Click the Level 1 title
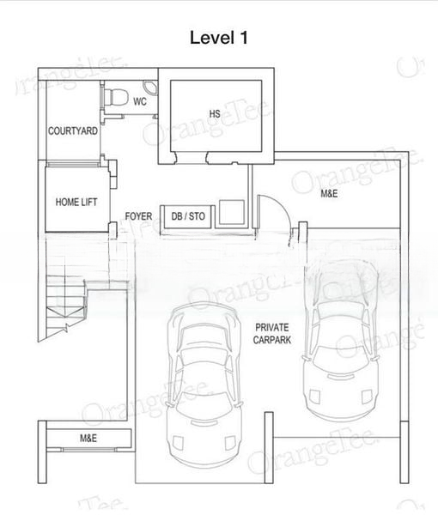[x=218, y=38]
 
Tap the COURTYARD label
[x=73, y=131]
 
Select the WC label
[x=140, y=101]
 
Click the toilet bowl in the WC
[x=116, y=97]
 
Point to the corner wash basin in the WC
[x=151, y=87]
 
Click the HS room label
[x=215, y=113]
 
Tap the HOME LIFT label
[x=76, y=202]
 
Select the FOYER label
[x=138, y=216]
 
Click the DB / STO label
[x=188, y=216]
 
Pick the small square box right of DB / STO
[x=232, y=212]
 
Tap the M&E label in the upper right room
[x=329, y=193]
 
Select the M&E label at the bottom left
[x=88, y=438]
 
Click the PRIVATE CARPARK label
[x=272, y=333]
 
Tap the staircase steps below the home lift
[x=66, y=304]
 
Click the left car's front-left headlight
[x=178, y=442]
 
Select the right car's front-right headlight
[x=367, y=397]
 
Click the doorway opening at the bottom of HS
[x=192, y=158]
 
